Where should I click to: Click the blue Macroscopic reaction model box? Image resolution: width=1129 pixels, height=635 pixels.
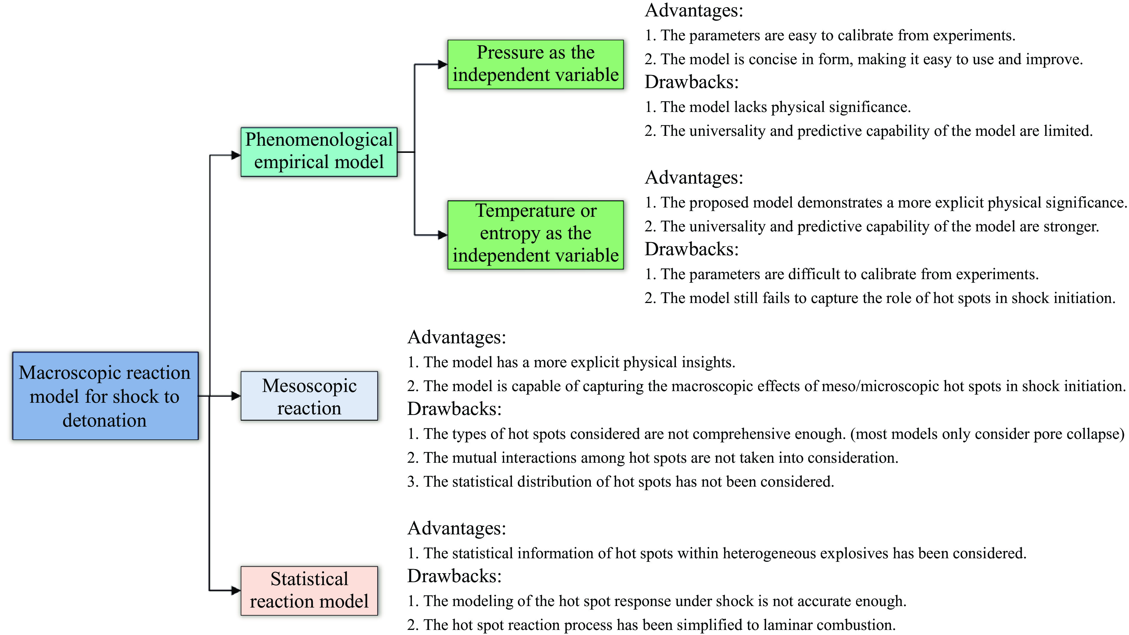[x=105, y=396]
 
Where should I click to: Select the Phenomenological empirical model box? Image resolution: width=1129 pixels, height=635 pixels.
[x=319, y=152]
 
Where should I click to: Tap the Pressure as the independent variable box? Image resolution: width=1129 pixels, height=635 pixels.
[x=535, y=64]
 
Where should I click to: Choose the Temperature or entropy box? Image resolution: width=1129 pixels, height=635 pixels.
[x=535, y=234]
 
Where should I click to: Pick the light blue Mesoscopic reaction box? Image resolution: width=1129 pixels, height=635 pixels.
[x=309, y=396]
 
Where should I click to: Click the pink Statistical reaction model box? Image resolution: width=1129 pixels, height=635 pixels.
[x=309, y=590]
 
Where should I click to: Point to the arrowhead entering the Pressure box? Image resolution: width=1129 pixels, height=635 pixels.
[x=442, y=65]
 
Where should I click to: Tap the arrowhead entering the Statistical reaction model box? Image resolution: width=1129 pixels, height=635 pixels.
[x=236, y=590]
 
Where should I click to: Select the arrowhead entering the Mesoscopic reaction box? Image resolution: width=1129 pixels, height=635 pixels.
[x=236, y=396]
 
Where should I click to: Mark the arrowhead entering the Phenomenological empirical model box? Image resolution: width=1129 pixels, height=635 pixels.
[x=236, y=155]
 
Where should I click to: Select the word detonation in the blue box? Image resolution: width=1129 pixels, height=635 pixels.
[x=104, y=420]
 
